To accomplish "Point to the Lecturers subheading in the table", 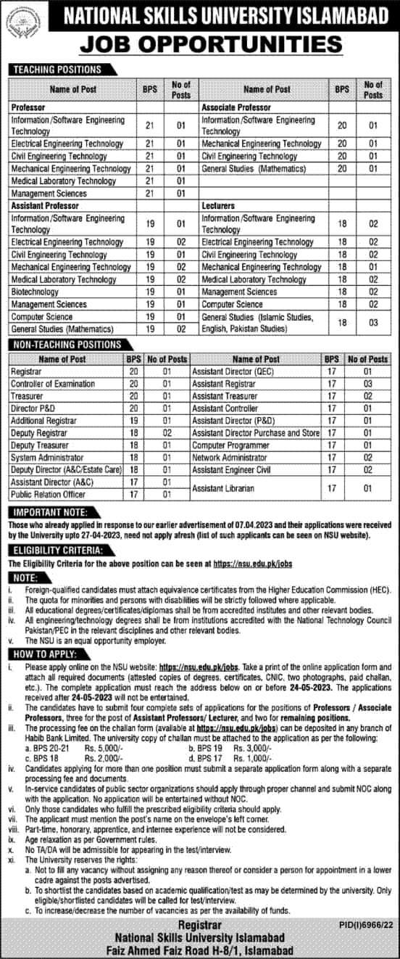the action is point(218,206).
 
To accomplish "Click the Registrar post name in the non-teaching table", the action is point(26,371).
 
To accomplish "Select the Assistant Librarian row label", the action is point(223,488).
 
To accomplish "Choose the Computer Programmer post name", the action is point(231,445).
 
